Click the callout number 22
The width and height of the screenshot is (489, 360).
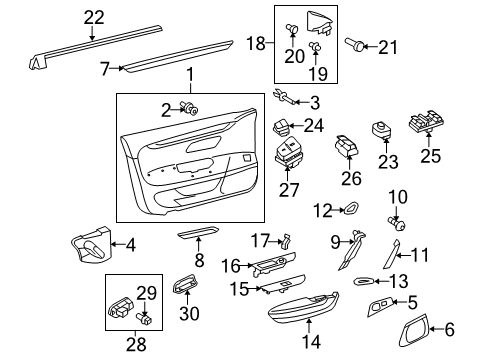click(x=94, y=17)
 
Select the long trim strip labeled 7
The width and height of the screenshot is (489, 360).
click(x=178, y=56)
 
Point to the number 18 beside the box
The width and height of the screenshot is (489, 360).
click(x=255, y=43)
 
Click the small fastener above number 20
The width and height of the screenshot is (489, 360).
click(x=292, y=29)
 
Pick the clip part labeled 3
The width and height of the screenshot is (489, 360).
click(x=284, y=97)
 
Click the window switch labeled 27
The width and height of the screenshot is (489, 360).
click(x=288, y=153)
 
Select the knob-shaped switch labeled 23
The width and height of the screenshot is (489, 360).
click(x=381, y=130)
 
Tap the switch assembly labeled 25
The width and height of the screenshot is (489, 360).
click(x=426, y=120)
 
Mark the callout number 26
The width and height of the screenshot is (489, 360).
click(x=351, y=178)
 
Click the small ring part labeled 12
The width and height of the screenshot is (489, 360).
click(x=352, y=209)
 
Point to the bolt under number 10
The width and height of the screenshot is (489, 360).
click(x=397, y=224)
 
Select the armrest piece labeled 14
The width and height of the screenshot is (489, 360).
click(x=303, y=308)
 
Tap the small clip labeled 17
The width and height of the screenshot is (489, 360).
click(x=287, y=241)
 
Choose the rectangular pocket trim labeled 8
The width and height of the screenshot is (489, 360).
click(x=198, y=233)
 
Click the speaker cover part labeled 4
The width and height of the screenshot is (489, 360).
click(x=91, y=245)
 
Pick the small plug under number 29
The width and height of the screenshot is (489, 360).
click(x=144, y=319)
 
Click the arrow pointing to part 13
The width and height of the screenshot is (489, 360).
click(x=381, y=282)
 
